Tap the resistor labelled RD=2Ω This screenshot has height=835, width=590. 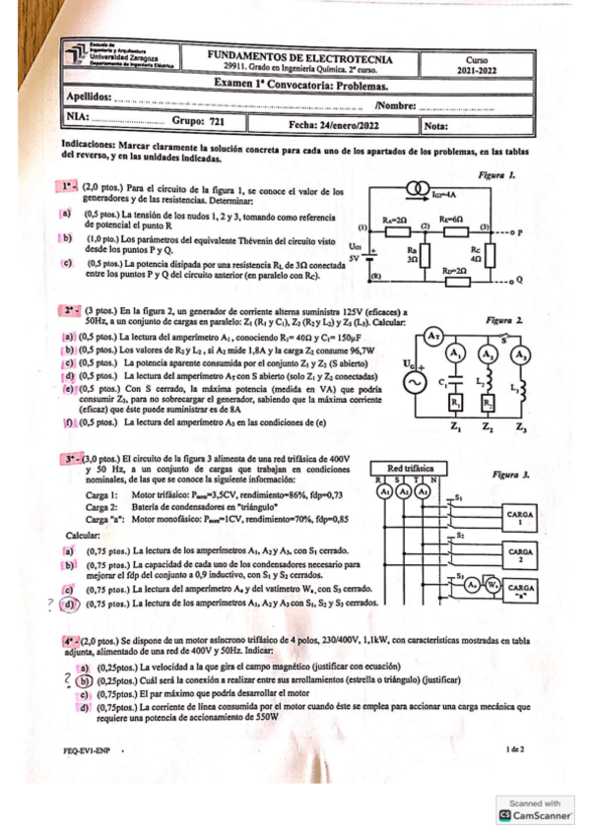[x=455, y=279]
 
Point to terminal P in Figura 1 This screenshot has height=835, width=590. [x=517, y=233]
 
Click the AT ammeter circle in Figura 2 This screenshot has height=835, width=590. [x=431, y=337]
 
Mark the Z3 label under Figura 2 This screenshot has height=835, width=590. [x=521, y=428]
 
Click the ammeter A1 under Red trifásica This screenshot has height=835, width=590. [x=386, y=491]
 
